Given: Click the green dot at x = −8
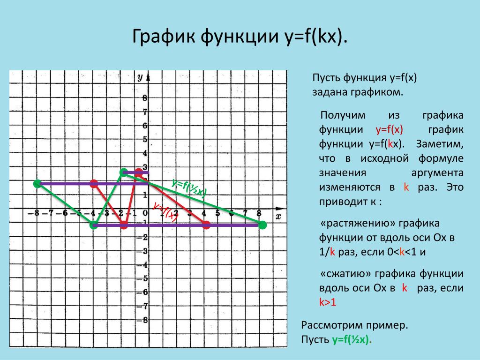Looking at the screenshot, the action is pos(37,184).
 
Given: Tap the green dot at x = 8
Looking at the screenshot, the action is pos(262,225).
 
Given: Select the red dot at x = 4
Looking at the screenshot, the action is pos(206,225).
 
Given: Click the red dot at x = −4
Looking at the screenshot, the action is pos(94,184).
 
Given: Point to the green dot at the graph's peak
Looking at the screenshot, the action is pos(123,172).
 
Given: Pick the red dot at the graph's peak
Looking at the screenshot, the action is pos(139,172).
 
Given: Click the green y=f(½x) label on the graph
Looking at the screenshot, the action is pos(189,187).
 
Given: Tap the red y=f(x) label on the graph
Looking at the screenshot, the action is pos(165,211).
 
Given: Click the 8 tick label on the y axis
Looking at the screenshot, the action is pos(145,98).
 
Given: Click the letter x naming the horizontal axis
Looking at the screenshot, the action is pos(278,217).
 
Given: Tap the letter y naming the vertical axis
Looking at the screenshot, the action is pos(140,77).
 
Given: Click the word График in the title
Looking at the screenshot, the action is pos(164,37).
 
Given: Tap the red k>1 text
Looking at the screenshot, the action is pos(328,302).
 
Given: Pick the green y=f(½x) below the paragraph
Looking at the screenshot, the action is pos(352,339).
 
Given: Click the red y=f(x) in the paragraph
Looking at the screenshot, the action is pos(389,129).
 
